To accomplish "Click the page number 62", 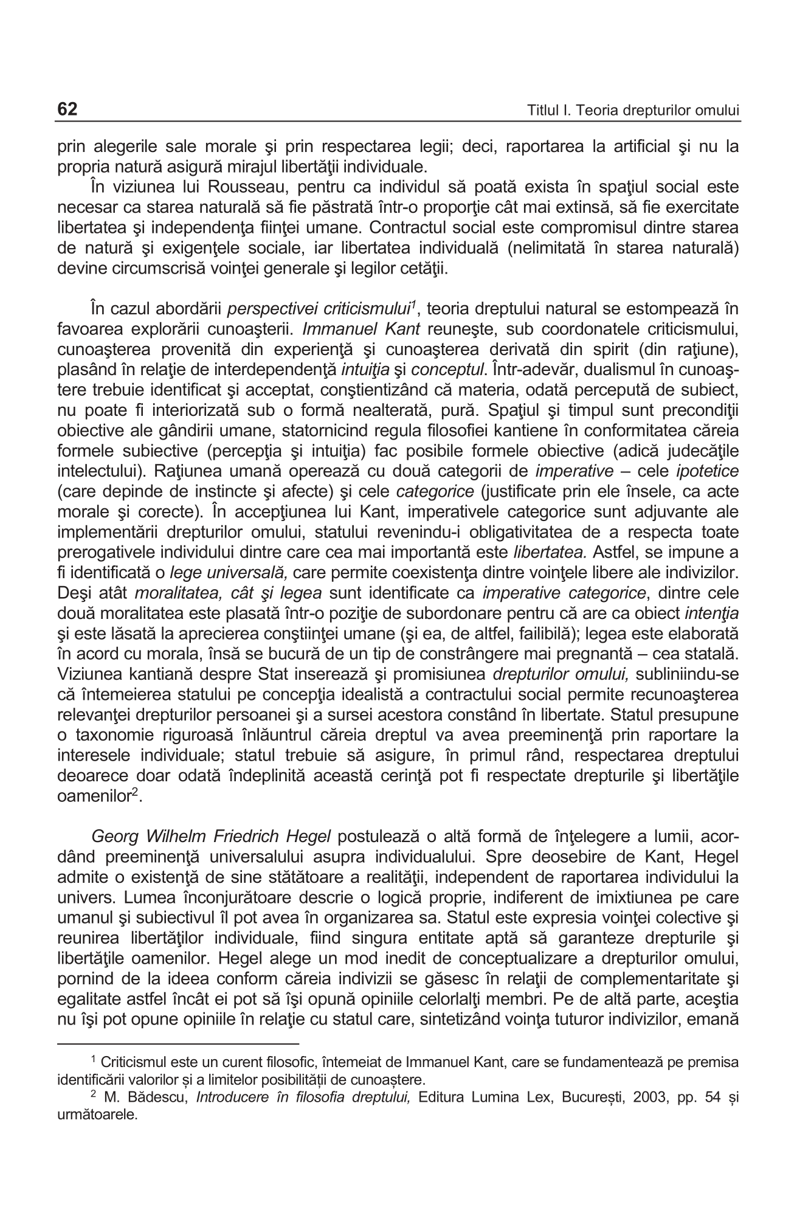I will coord(67,109).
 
